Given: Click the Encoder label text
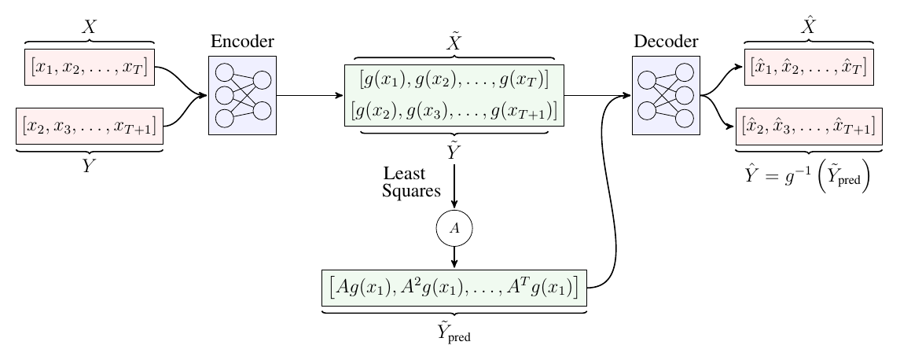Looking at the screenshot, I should [x=242, y=42].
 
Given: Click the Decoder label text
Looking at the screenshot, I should [x=665, y=42].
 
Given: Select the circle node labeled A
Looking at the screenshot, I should [x=454, y=228].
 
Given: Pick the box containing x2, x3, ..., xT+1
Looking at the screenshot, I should [x=89, y=125].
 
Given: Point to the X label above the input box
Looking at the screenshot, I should [x=90, y=27].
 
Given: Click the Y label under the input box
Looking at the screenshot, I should [x=90, y=166].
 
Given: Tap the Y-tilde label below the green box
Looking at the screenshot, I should [x=454, y=152].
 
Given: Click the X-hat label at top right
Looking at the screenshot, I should [x=807, y=27].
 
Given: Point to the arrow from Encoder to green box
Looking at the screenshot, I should [x=310, y=95].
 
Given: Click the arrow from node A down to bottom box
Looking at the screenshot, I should [x=454, y=256].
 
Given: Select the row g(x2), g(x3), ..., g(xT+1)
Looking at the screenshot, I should [x=454, y=111].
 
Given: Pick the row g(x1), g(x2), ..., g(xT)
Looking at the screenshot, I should [x=454, y=79].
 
